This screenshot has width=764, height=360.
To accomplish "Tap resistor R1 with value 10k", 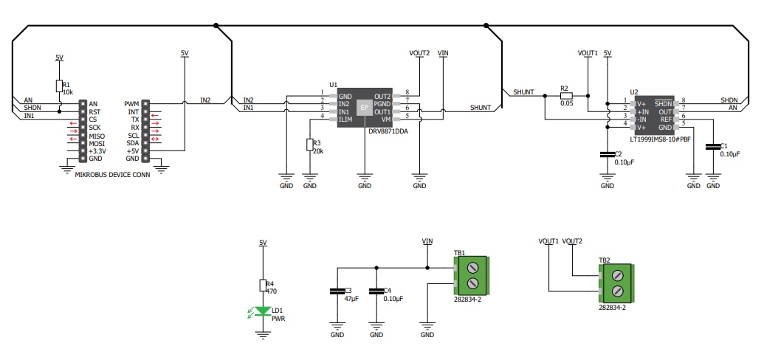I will click(x=59, y=86).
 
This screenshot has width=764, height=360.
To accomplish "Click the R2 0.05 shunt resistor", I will click(x=566, y=95).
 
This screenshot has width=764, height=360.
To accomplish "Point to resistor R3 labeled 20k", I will click(x=309, y=145).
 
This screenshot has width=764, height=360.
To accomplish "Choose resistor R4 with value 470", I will click(x=262, y=286).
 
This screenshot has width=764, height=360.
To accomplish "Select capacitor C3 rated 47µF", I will click(x=337, y=292).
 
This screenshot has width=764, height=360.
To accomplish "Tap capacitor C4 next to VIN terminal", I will click(x=376, y=292).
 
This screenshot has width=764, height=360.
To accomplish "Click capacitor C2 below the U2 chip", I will click(x=608, y=155).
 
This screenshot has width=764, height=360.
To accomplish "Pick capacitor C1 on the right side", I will click(x=713, y=148).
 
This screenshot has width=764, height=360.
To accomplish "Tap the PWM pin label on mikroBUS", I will click(x=132, y=104).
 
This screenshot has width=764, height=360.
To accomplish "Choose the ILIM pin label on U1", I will click(x=345, y=120).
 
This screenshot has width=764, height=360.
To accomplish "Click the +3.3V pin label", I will click(x=97, y=150).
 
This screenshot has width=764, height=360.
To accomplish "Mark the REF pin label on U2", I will click(x=667, y=119).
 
